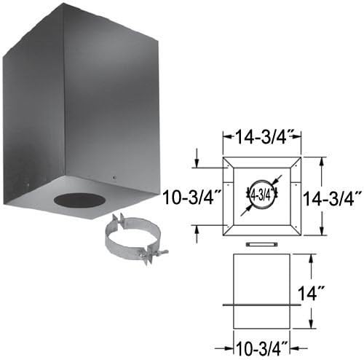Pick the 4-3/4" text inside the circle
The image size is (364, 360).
[x=261, y=195]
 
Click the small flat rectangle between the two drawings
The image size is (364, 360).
[x=261, y=243]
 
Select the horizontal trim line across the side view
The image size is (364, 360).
[x=261, y=304]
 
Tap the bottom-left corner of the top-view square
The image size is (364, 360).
[x=223, y=235]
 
